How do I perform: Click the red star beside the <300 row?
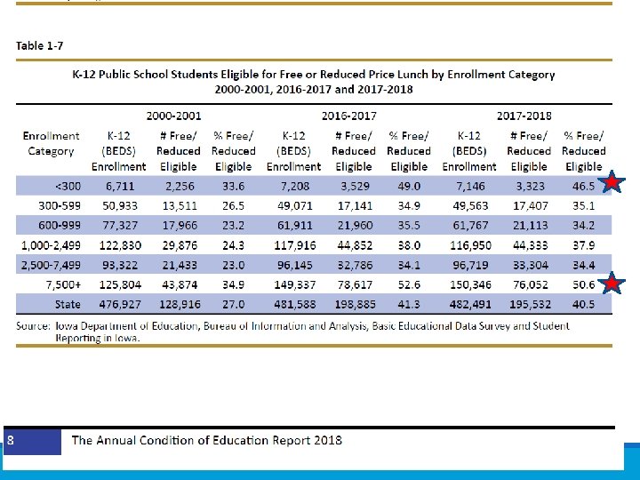click(613, 185)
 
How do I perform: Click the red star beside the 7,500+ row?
click(613, 284)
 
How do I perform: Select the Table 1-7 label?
click(40, 46)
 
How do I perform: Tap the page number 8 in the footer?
click(11, 440)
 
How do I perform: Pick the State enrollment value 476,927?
click(119, 304)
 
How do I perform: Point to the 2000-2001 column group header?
click(174, 116)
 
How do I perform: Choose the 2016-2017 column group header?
click(349, 116)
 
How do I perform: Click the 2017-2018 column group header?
click(524, 116)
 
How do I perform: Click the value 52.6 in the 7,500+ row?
click(408, 284)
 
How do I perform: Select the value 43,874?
click(178, 284)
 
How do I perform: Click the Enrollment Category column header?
click(51, 144)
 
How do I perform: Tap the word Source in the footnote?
click(35, 325)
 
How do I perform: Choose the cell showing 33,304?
click(531, 265)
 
